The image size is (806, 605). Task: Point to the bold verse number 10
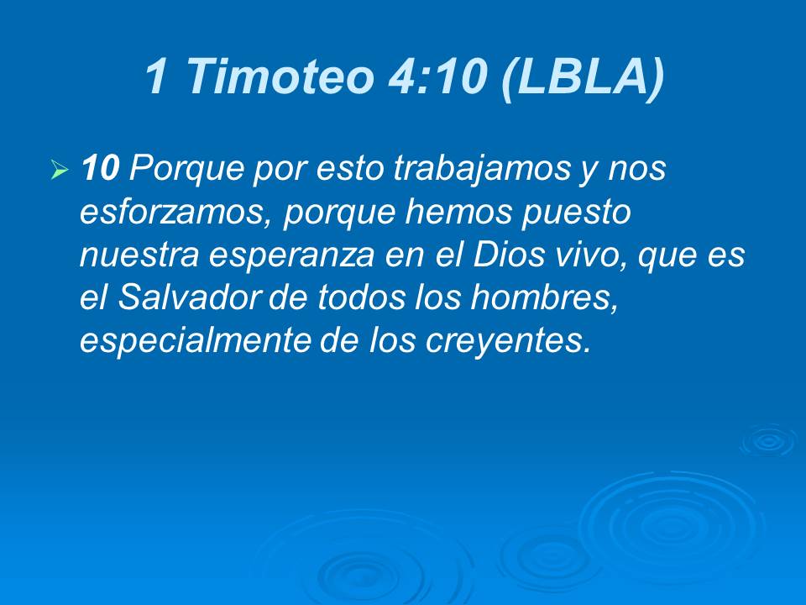point(101,170)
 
